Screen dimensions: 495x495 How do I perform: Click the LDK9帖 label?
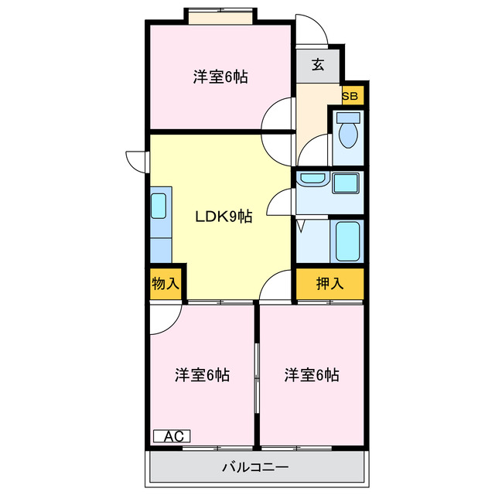223,217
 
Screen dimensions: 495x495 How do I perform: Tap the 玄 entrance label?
318,65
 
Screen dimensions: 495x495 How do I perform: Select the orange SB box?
350,96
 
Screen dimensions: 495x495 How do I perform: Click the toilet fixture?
349,132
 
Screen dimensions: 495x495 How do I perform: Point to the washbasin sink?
312,179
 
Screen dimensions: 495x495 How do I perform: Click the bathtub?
347,242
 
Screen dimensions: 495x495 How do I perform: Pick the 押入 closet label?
330,284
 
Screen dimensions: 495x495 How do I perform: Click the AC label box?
172,436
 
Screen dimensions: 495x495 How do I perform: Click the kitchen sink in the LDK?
159,206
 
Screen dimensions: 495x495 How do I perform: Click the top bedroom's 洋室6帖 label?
220,77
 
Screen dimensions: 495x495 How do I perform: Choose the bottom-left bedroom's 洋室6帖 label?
202,375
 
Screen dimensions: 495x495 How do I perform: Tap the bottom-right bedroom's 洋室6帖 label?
311,375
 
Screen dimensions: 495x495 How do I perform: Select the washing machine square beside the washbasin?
345,183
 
